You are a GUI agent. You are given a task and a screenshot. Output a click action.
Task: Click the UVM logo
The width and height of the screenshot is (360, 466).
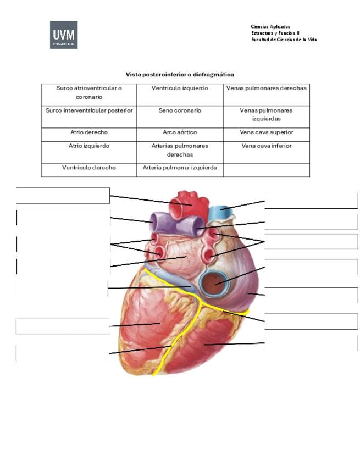tap(64, 35)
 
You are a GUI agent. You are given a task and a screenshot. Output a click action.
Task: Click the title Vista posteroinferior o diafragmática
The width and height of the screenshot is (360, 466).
tap(180, 74)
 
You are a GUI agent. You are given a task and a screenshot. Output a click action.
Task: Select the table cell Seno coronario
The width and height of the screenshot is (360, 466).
tap(180, 117)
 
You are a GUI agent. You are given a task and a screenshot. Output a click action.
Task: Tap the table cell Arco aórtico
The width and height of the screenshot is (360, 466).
tap(180, 135)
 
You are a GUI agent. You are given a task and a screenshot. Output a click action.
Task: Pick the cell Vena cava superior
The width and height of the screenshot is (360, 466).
tap(267, 135)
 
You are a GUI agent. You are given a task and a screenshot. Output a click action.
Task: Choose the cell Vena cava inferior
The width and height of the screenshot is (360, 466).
tap(267, 152)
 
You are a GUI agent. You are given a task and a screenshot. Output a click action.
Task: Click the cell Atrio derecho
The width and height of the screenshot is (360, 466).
tap(89, 135)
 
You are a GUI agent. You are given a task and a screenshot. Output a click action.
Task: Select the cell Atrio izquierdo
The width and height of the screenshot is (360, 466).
tap(89, 152)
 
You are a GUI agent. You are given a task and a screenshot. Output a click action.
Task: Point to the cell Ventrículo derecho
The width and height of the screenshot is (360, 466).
tap(89, 170)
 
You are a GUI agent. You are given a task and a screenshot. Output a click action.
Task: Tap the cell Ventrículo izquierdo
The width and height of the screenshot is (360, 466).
tap(180, 95)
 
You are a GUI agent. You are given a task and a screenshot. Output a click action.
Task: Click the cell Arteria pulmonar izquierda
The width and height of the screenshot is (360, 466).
tap(180, 170)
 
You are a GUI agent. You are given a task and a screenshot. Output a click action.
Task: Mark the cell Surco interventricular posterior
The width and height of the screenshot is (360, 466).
tap(89, 117)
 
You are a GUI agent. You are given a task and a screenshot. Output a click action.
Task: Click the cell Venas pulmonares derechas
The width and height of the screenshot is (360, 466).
tap(267, 95)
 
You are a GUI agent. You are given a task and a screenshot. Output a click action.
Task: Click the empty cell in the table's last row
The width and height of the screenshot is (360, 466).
tap(267, 170)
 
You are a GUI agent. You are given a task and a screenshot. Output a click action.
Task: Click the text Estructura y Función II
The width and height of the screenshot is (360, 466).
tap(275, 33)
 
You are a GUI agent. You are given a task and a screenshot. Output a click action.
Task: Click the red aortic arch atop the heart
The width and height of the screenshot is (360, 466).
tap(188, 206)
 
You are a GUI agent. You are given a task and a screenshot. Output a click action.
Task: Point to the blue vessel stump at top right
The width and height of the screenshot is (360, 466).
tap(220, 213)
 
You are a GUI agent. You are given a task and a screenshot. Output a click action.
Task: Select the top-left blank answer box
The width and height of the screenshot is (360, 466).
tap(63, 196)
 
